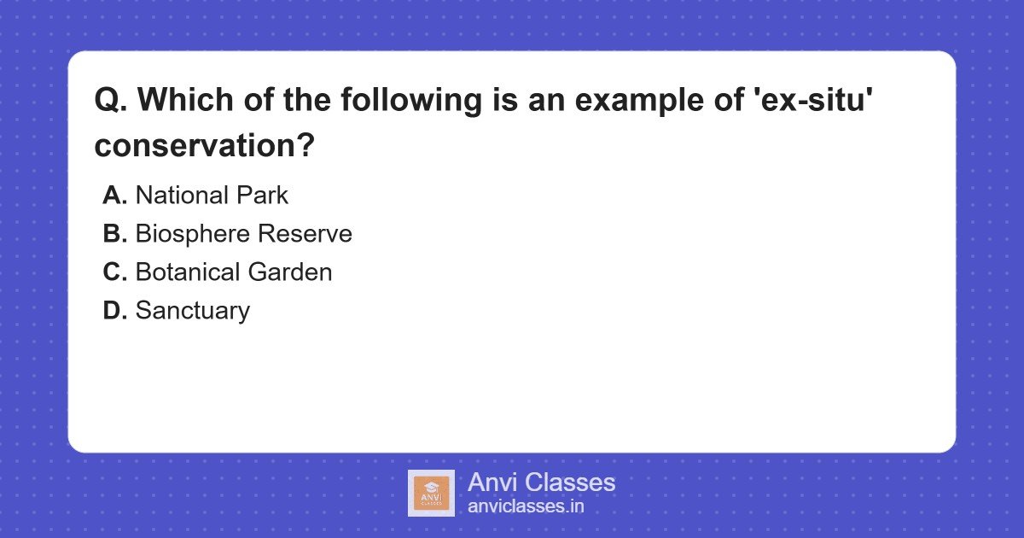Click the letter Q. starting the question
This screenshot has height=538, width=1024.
tap(111, 100)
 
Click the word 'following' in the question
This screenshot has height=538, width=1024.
tap(411, 101)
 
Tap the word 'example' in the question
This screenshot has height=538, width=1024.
tap(639, 101)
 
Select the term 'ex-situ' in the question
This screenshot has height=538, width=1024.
tap(813, 99)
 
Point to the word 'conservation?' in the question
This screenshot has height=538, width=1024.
tap(204, 145)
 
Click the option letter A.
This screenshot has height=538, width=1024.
tap(114, 196)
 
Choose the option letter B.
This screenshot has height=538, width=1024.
tap(114, 234)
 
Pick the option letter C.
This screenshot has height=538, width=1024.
tap(114, 272)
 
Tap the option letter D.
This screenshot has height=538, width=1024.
tap(114, 311)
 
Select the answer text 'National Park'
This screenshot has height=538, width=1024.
tap(212, 196)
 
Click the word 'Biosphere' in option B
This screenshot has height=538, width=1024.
tap(193, 235)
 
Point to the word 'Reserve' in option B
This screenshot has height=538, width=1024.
tap(305, 234)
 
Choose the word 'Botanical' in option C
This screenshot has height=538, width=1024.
tap(188, 272)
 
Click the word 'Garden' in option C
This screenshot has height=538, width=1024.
tap(290, 272)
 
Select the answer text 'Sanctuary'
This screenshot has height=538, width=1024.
tap(193, 312)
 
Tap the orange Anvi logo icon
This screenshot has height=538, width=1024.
tap(431, 494)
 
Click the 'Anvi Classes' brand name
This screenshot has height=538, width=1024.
tap(541, 482)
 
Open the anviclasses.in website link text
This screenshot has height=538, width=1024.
tap(526, 506)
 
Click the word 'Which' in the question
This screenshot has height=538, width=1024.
tap(186, 100)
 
